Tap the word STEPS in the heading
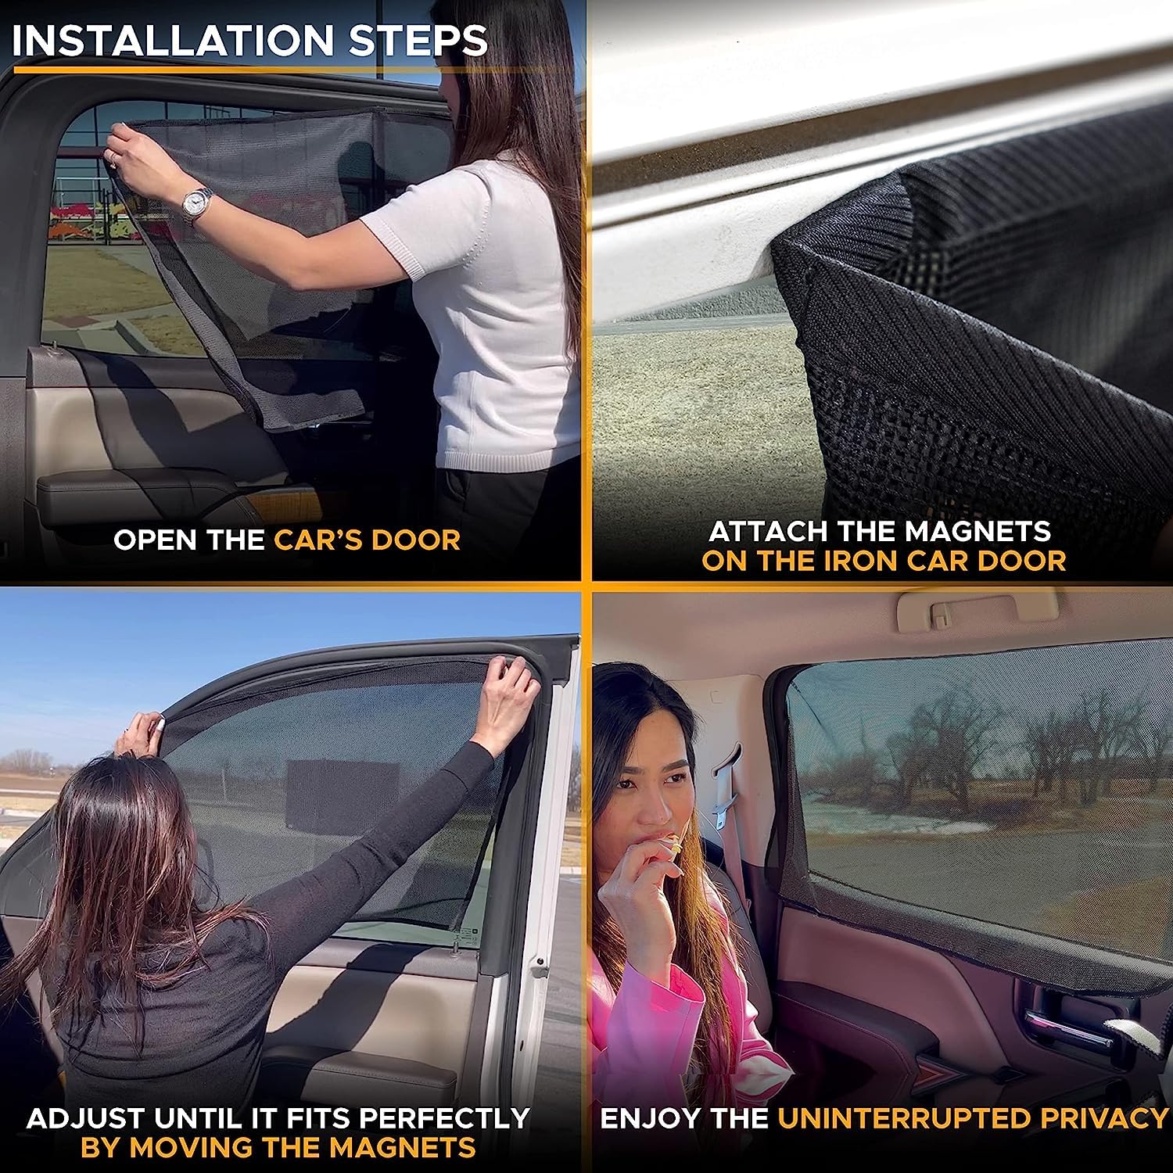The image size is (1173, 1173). coord(418,41)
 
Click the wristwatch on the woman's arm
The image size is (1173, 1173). coord(196,203)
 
